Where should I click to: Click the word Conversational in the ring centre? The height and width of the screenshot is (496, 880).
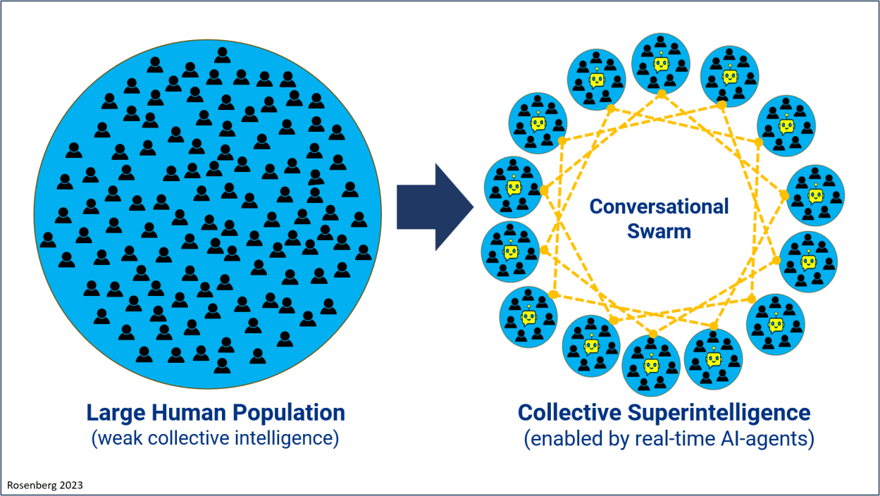coord(659,206)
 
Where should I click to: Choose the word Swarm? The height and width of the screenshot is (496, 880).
coord(659,230)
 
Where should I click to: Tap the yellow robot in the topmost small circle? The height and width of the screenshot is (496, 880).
coord(661,64)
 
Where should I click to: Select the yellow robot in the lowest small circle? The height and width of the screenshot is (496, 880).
coord(651,366)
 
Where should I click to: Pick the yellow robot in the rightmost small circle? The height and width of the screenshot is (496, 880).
coord(815,195)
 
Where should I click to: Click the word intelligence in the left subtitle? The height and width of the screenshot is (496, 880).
coord(289,438)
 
